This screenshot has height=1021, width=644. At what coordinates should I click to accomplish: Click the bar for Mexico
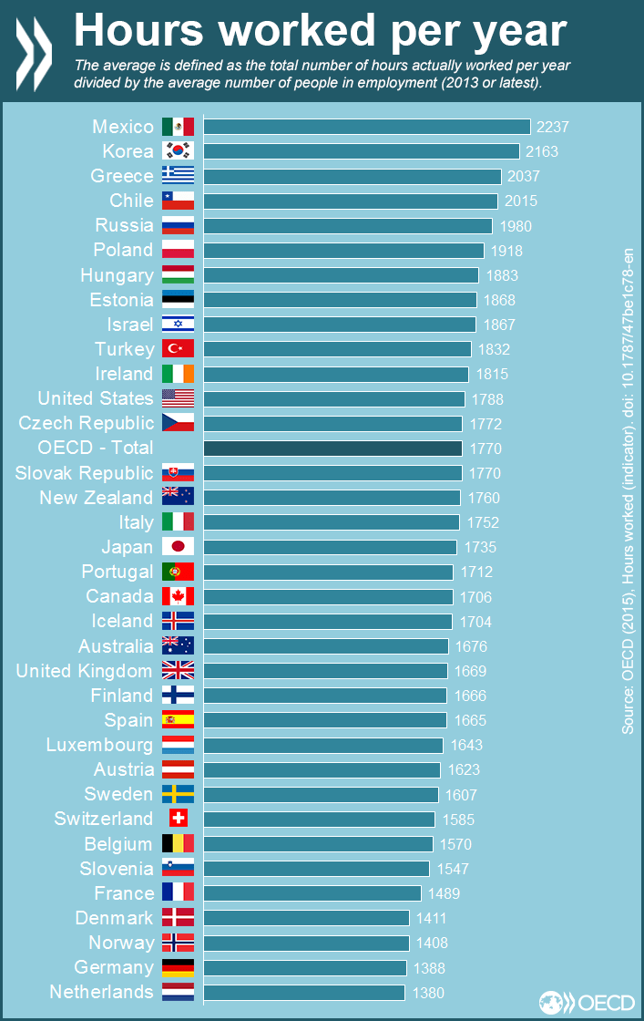coord(366,127)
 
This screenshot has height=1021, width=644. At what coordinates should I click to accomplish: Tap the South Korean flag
coord(178,151)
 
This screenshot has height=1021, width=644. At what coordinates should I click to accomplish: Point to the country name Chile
coord(131,201)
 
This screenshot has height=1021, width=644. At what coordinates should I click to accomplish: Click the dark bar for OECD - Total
coord(332,448)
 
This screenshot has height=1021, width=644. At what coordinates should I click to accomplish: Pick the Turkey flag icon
coord(178,349)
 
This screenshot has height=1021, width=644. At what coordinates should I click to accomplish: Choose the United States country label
coord(96,398)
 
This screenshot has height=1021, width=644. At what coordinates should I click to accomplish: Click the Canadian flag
coord(178,596)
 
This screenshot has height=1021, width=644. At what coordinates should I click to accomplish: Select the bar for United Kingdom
coord(326,671)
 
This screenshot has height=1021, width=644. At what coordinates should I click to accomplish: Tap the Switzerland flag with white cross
coord(178,819)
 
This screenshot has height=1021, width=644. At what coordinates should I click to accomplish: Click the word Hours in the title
coord(138,30)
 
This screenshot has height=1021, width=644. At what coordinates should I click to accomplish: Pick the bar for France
coord(312,893)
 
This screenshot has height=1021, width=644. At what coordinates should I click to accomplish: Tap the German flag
coord(178,967)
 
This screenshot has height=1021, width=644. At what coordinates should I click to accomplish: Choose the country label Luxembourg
coord(99,745)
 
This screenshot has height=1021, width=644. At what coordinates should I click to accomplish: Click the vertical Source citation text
coord(628,492)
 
